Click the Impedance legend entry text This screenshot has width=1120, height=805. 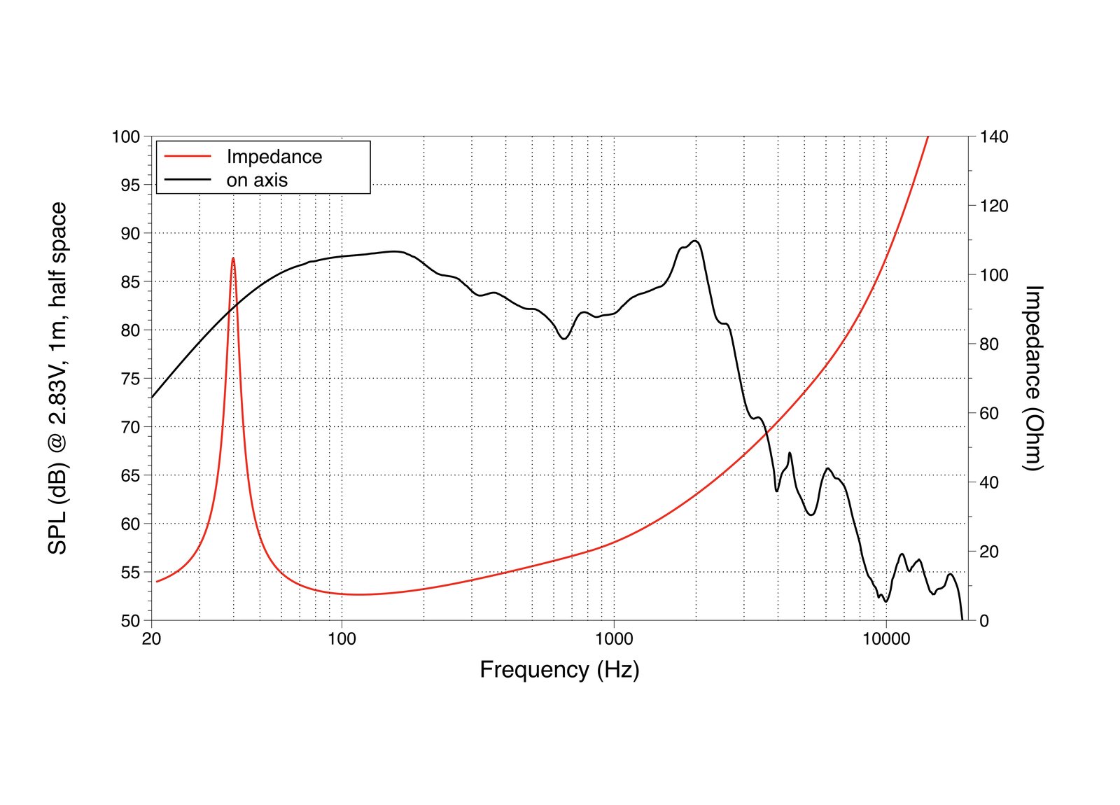pos(274,157)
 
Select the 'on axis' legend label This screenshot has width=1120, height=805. pos(257,180)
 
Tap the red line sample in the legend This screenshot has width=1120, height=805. pos(188,157)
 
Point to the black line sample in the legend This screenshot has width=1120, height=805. pos(188,180)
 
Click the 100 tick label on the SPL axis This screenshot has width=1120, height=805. pos(126,136)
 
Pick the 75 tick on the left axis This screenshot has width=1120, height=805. pos(130,379)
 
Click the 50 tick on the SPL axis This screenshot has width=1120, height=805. pos(130,620)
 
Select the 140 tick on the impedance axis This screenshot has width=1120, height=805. pos(994,136)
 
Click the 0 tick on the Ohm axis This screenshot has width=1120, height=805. pos(984,621)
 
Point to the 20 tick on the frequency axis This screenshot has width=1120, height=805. pos(151,639)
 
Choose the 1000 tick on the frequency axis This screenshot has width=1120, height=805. pos(614,639)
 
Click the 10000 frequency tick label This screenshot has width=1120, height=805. pos(886,639)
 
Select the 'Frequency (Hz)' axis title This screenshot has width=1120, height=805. pos(559,670)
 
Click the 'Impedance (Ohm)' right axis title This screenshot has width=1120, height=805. pos(1033,378)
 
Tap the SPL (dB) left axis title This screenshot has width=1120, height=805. pos(57,378)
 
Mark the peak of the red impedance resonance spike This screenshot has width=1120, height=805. pos(233,258)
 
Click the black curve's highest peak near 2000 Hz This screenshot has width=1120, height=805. pos(695,241)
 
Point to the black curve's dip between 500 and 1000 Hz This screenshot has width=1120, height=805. pos(563,339)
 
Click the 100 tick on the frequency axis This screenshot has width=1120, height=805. pos(342,639)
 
